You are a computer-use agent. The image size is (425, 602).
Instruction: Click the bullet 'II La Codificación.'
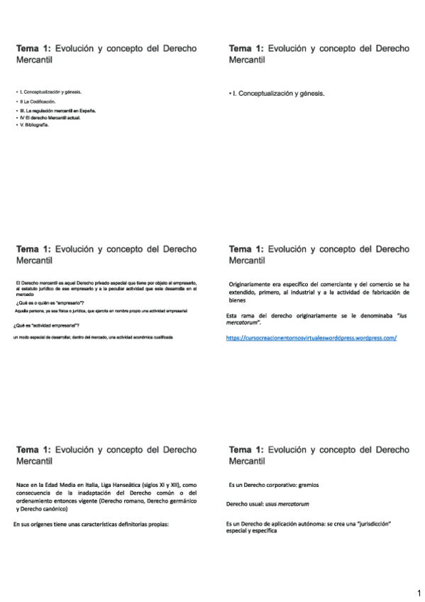coord(38,102)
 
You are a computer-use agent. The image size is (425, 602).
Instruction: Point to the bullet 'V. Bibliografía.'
coord(35,124)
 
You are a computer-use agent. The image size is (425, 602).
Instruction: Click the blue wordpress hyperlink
coord(311,338)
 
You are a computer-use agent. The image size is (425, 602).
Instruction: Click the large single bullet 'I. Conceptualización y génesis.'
coord(280,93)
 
